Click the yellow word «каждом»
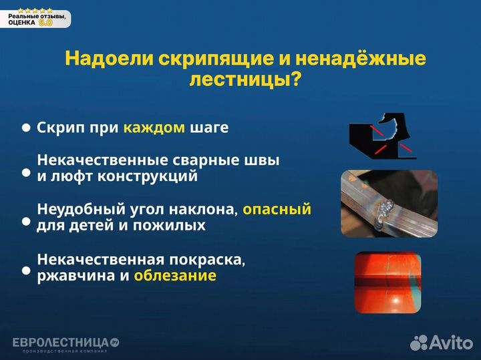pyautogui.click(x=154, y=128)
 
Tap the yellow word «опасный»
pyautogui.click(x=277, y=210)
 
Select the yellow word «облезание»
pyautogui.click(x=175, y=275)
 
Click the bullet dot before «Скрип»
pyautogui.click(x=26, y=128)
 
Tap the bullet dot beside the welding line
pyautogui.click(x=26, y=172)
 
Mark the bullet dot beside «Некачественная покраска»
pyautogui.click(x=26, y=271)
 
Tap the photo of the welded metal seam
pyautogui.click(x=379, y=203)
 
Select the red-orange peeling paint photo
pyautogui.click(x=388, y=282)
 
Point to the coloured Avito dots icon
pyautogui.click(x=419, y=343)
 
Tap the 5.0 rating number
pyautogui.click(x=45, y=22)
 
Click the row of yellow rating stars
pyautogui.click(x=35, y=9)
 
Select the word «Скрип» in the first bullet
pyautogui.click(x=60, y=128)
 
